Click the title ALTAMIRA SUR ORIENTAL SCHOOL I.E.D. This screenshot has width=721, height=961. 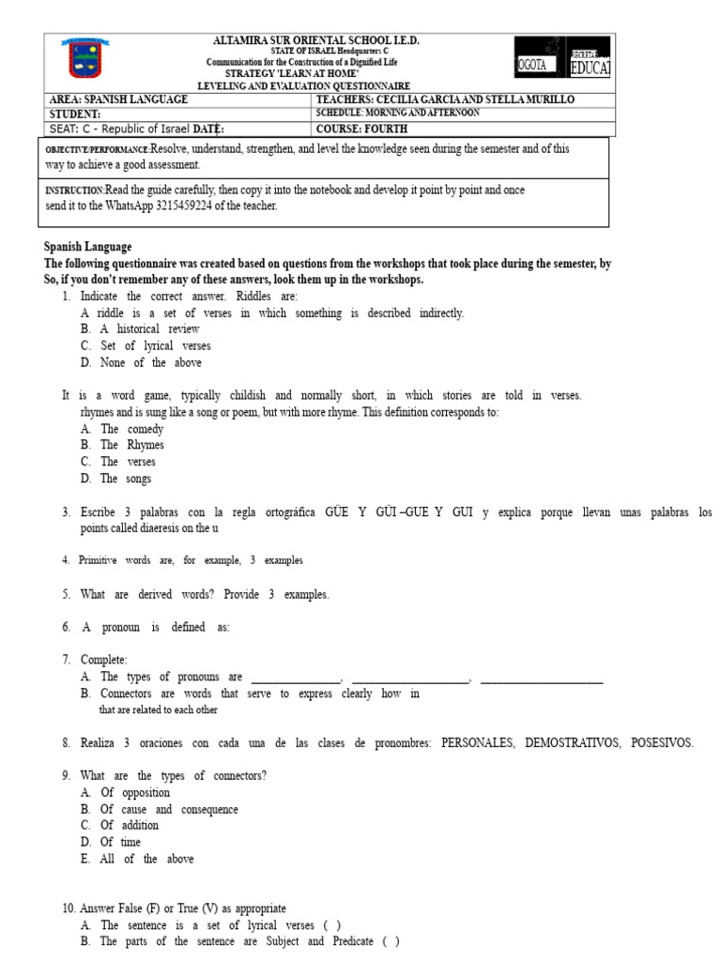coord(316,40)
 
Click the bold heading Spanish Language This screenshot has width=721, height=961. coord(87,247)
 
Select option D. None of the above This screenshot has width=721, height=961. coord(141,362)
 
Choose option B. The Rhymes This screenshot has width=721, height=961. coord(122,445)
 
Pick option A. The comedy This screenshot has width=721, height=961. coord(122,429)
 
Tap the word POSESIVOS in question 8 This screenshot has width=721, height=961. coord(662,742)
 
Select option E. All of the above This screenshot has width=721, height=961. coord(137,859)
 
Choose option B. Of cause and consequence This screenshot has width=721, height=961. coord(159,809)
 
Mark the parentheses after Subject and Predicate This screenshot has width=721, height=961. coord(390,941)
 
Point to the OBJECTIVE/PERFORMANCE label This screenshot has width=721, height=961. coord(97,150)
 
